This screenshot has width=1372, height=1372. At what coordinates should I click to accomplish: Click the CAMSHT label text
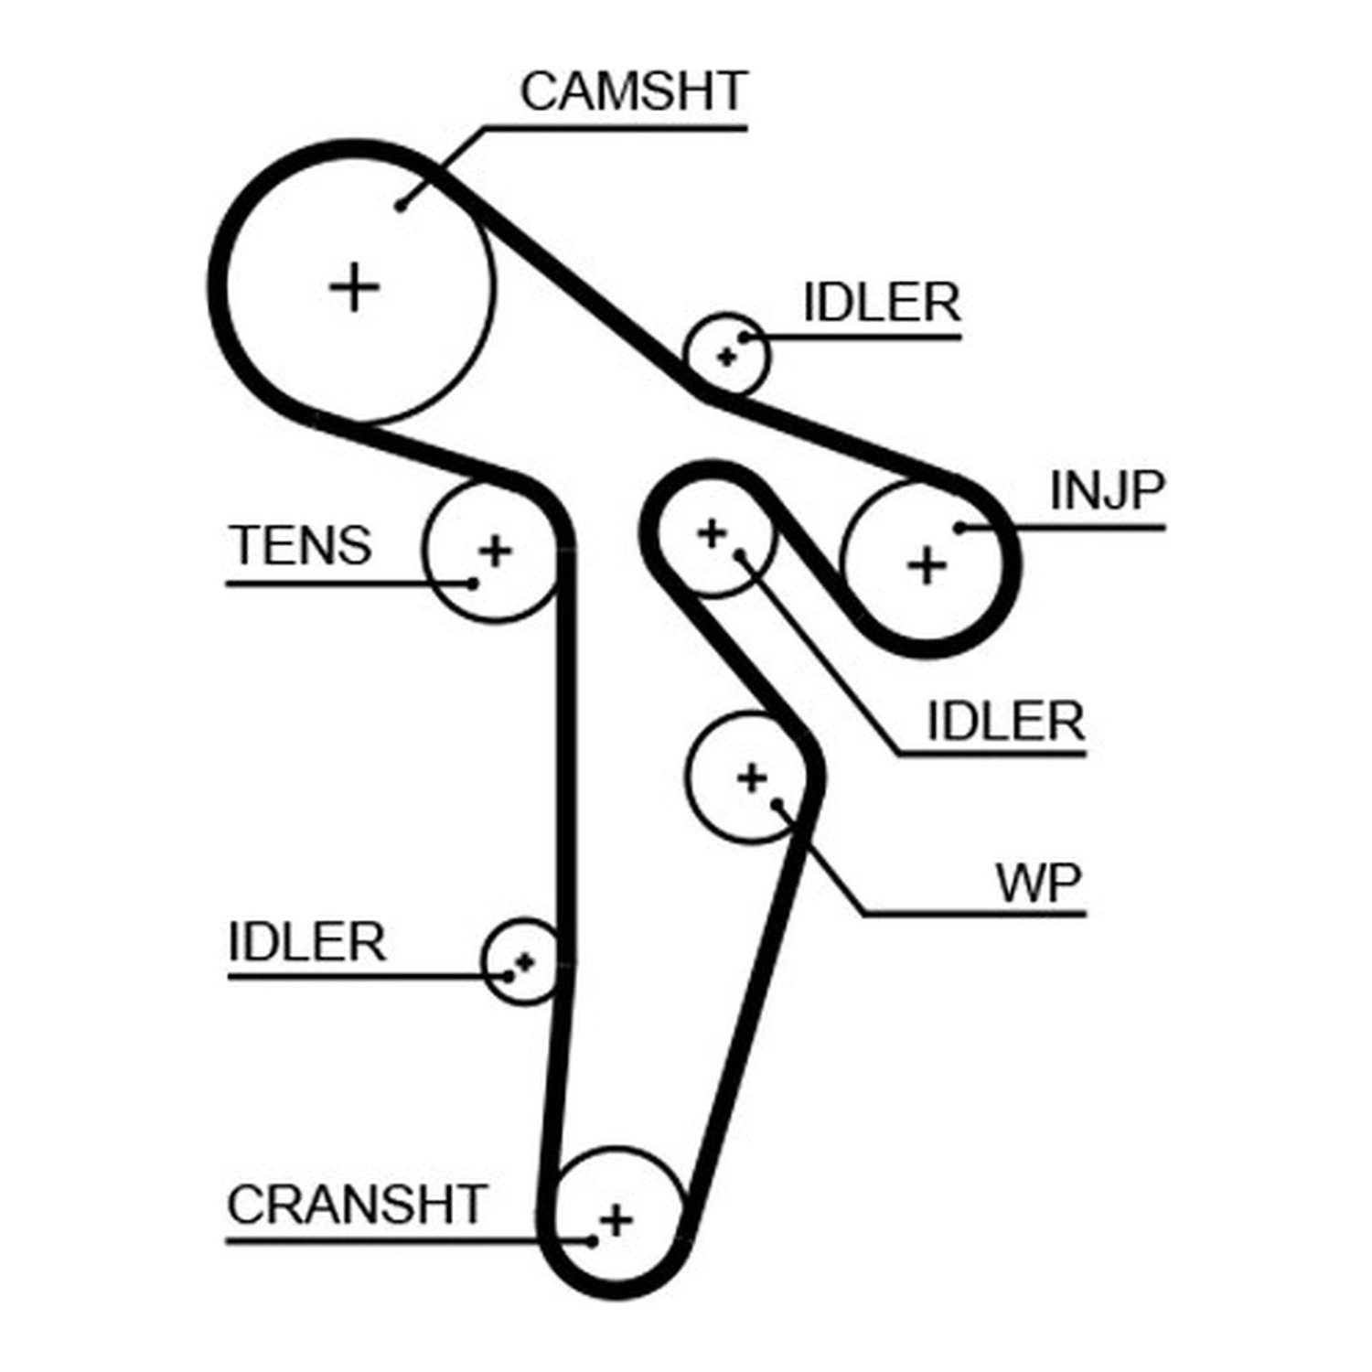634,91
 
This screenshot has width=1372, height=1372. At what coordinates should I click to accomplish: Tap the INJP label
1107,491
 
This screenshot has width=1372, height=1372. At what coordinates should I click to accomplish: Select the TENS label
300,546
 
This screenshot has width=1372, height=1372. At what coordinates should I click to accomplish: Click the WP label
1039,884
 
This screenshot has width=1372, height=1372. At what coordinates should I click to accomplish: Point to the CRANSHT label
357,1205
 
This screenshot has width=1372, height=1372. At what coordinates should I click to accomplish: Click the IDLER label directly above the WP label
1006,722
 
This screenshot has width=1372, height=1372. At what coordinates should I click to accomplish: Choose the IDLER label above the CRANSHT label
306,942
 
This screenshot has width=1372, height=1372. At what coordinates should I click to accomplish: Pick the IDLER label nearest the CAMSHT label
882,303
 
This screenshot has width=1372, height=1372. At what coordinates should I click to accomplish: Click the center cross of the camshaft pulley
354,287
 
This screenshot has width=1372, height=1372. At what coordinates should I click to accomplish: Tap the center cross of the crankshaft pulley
616,1220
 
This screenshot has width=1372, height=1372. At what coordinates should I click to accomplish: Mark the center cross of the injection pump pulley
927,565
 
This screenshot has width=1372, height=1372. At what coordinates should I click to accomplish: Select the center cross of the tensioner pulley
495,552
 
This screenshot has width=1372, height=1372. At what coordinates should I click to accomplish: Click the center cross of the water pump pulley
752,778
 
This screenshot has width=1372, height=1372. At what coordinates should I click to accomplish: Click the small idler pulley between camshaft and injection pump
727,355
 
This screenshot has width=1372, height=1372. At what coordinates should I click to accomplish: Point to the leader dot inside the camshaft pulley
401,206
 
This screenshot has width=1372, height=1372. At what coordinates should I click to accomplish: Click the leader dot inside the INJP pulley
959,528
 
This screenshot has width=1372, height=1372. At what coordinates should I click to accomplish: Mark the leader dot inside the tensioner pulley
473,583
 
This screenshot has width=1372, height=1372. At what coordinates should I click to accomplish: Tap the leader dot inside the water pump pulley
777,805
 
